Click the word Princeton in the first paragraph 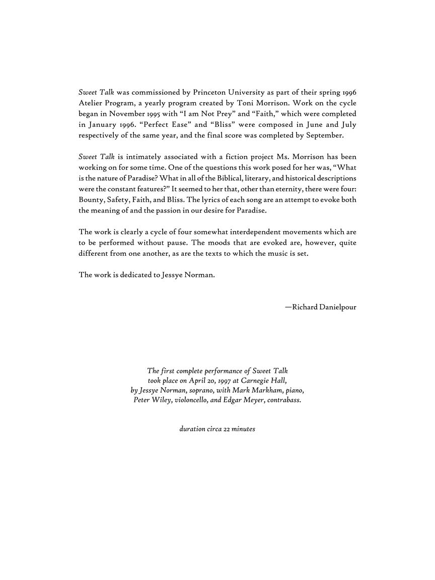coord(210,93)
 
